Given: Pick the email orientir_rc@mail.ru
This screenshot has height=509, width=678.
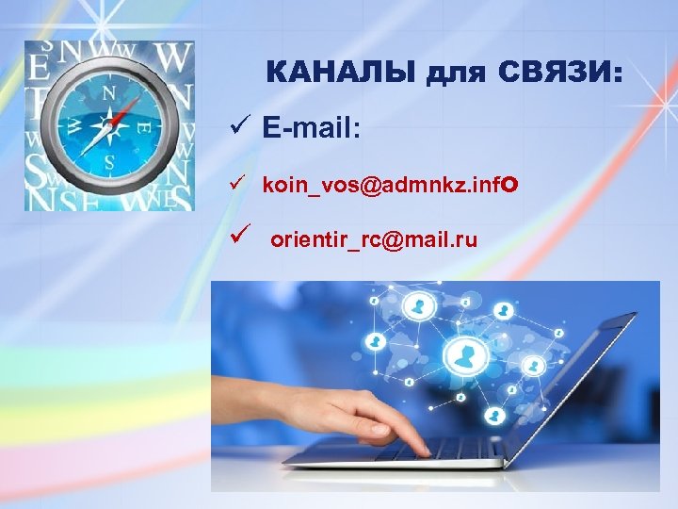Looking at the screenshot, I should coord(374,240).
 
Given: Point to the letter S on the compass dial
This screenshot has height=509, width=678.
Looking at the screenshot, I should coord(109,161).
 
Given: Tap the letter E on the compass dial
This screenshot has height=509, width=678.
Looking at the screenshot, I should coord(143,126).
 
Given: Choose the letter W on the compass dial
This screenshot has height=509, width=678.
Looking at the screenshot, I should coord(73,127).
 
